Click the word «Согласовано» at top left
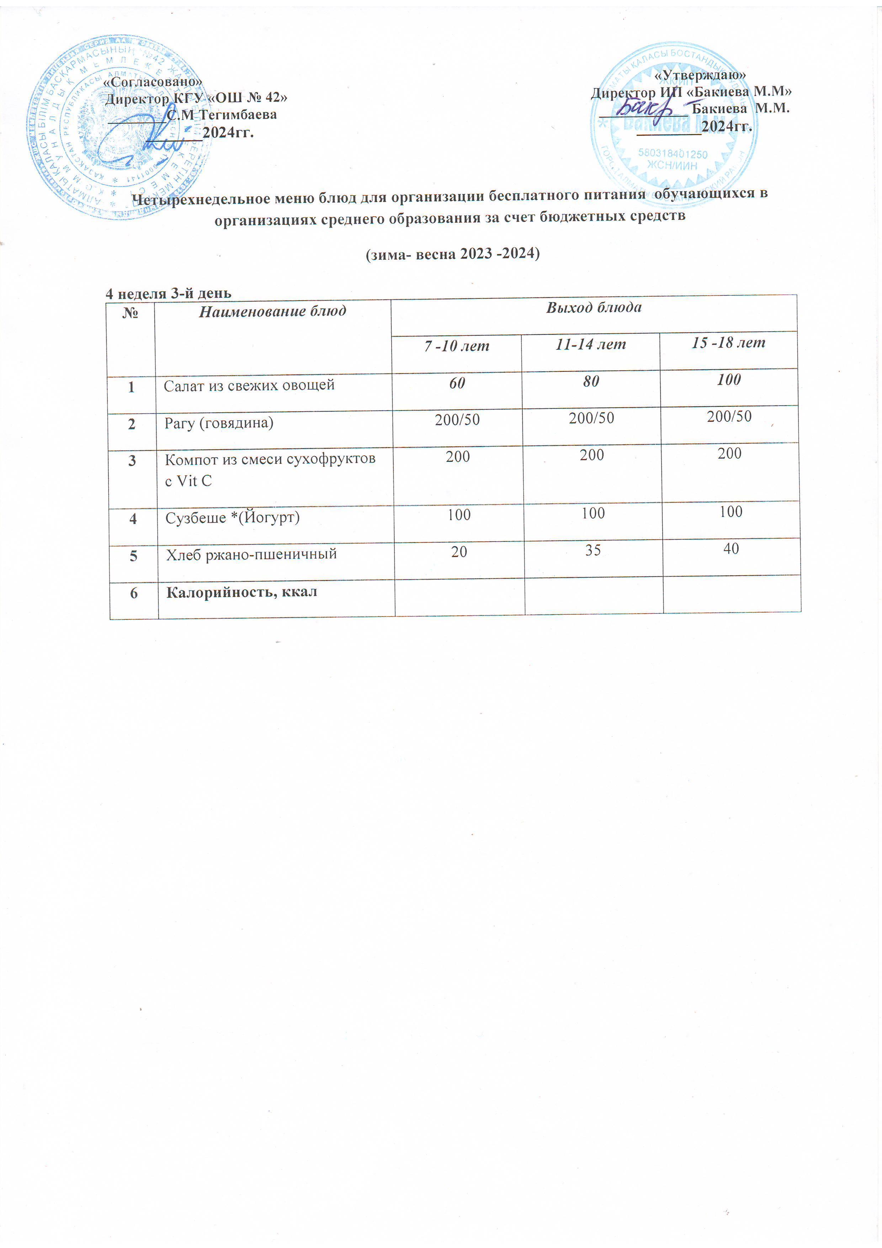(152, 81)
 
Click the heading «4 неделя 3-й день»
(168, 294)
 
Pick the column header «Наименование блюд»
(272, 311)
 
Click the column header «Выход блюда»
(594, 308)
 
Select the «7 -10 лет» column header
(457, 346)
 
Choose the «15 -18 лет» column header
(728, 343)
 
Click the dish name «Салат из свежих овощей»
(249, 385)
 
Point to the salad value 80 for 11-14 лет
(591, 381)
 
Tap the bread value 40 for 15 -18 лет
(731, 549)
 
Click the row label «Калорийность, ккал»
(241, 592)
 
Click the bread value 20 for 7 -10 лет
(459, 552)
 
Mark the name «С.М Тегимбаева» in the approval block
(222, 115)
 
